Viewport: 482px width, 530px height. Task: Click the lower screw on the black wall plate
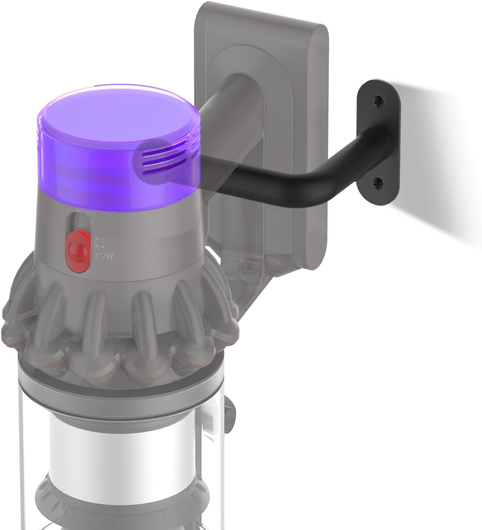(x=378, y=183)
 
